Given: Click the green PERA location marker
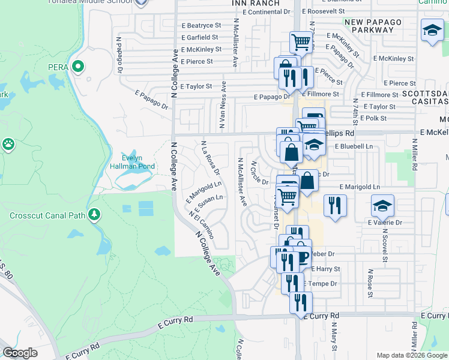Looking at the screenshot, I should pyautogui.click(x=77, y=66).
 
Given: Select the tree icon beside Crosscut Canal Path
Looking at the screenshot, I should pyautogui.click(x=94, y=215).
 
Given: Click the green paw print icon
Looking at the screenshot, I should pyautogui.click(x=8, y=145).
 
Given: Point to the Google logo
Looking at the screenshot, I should pyautogui.click(x=20, y=353).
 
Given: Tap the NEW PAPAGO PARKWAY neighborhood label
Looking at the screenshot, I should pyautogui.click(x=376, y=26).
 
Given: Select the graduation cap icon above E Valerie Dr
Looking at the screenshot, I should pyautogui.click(x=382, y=207).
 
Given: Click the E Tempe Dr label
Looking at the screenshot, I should pyautogui.click(x=321, y=283).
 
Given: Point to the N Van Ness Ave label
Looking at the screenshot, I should pyautogui.click(x=222, y=105).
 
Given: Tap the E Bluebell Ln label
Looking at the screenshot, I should pyautogui.click(x=354, y=146).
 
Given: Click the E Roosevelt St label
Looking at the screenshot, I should pyautogui.click(x=330, y=11).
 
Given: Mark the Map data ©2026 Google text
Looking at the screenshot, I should pyautogui.click(x=412, y=355).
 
